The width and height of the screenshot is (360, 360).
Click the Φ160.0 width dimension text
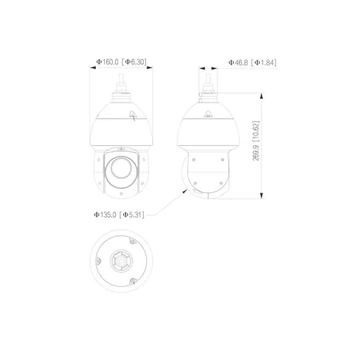[107, 62]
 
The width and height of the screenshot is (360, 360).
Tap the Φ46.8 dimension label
[238, 62]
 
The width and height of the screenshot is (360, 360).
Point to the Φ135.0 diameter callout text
[107, 215]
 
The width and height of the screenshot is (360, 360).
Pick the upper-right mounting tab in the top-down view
[133, 241]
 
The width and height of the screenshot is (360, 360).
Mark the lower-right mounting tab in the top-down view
[133, 282]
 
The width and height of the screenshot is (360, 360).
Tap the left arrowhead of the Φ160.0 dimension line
[92, 70]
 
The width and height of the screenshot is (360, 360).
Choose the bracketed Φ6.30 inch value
[136, 62]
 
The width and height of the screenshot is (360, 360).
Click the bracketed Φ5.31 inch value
[134, 215]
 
